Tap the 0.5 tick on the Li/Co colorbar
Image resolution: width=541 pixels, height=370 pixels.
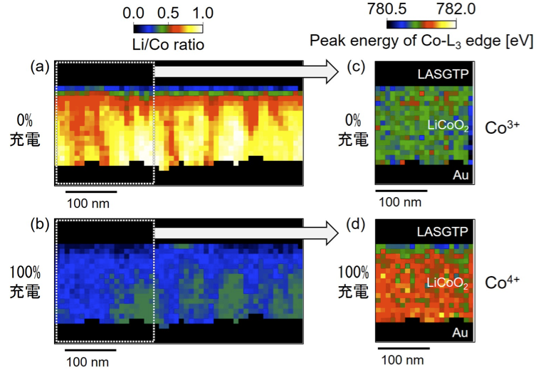(168, 13)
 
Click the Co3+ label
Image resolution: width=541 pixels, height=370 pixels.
(502, 128)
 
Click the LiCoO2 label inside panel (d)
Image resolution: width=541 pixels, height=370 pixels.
(447, 284)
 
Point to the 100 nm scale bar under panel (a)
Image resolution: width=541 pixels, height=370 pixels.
(91, 191)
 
